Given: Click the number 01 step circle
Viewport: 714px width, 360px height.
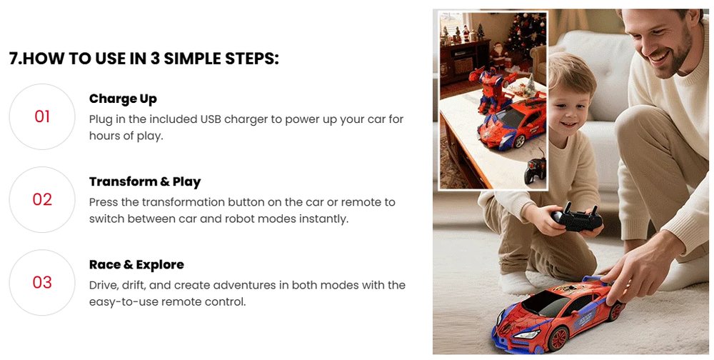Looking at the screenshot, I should (42, 116).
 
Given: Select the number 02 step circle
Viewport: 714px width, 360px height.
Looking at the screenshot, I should (42, 199).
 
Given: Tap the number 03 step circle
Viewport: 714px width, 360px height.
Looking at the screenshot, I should (42, 282).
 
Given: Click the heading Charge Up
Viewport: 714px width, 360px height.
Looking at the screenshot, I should (123, 99).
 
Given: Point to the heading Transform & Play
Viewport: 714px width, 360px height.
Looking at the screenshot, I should (145, 181).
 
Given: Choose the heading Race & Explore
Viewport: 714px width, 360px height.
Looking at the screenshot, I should (136, 264).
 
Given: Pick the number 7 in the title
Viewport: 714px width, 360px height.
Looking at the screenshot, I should (14, 59).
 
